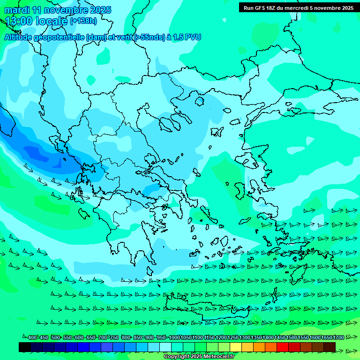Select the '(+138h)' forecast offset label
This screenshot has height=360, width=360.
click(x=83, y=21)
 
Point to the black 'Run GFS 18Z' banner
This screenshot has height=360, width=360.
click(x=298, y=7)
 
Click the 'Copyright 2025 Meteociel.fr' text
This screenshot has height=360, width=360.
click(x=199, y=357)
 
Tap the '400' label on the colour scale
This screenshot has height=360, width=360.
click(x=32, y=338)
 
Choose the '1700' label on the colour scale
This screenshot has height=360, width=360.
click(x=338, y=338)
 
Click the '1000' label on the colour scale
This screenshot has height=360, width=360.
click(x=174, y=338)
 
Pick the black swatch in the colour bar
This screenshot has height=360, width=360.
click(x=25, y=347)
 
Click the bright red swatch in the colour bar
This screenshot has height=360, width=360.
click(x=283, y=347)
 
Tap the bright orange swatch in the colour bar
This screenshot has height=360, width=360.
click(x=259, y=347)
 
